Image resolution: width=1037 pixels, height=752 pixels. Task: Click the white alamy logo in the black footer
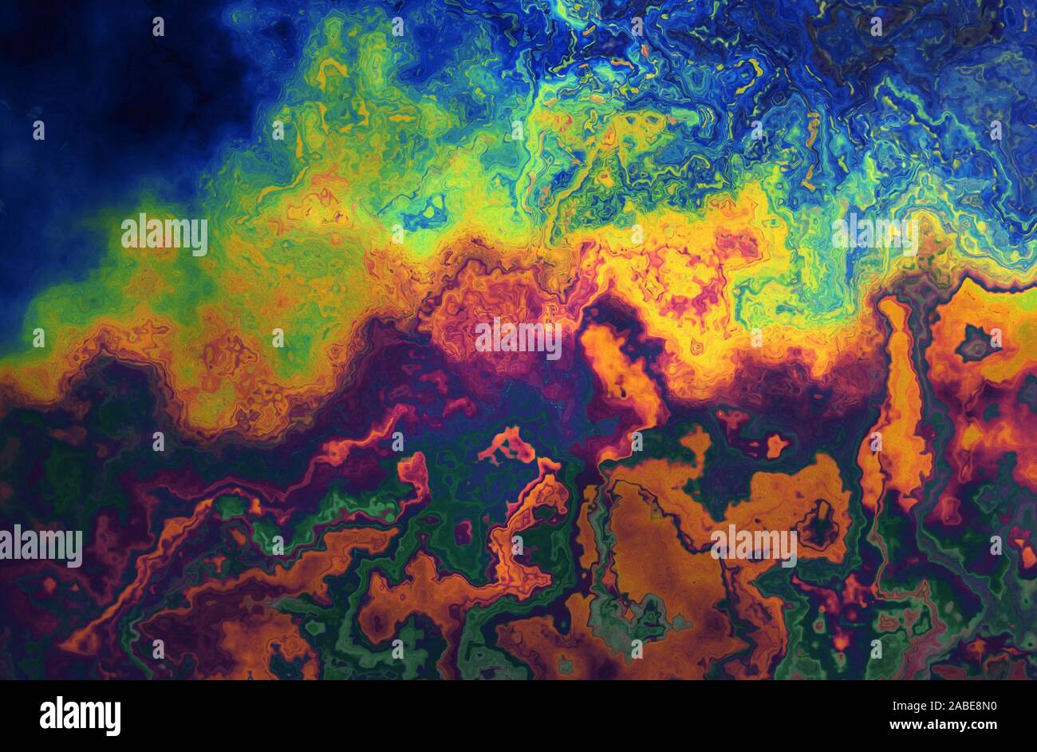click(x=80, y=716)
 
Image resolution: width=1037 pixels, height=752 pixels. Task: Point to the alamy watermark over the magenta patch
click(x=518, y=338)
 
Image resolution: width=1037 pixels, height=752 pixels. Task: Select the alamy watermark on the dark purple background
click(x=41, y=546)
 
